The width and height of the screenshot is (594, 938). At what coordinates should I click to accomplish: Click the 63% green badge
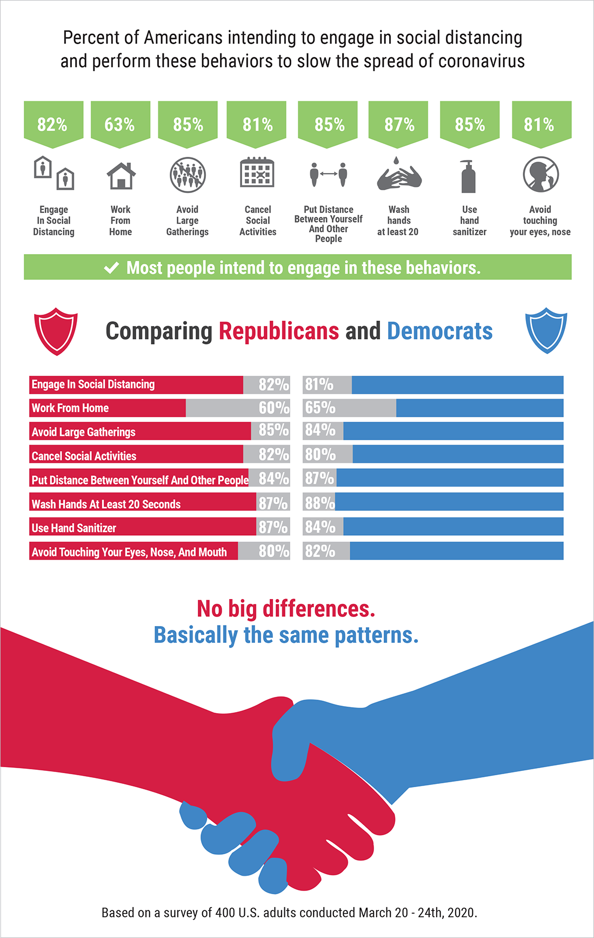tap(120, 124)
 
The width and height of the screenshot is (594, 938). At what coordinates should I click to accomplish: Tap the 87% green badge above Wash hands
tap(399, 124)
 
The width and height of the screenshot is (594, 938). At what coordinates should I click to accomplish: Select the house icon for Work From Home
tap(121, 176)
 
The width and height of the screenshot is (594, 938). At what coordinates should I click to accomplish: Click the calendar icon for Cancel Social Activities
tap(257, 172)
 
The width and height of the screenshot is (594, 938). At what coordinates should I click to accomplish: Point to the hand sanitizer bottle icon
tap(468, 176)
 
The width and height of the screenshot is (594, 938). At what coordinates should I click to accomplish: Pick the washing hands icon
tap(399, 175)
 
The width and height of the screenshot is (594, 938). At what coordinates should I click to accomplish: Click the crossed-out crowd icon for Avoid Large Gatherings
tap(188, 175)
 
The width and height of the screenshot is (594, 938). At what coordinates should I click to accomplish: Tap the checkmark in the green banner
tap(111, 268)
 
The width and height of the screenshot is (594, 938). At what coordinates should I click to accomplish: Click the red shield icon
tap(56, 331)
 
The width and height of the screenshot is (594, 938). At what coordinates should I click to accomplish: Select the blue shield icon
tap(546, 330)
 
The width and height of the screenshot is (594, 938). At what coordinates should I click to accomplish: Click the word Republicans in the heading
tap(279, 331)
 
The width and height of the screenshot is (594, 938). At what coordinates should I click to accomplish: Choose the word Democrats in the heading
tap(439, 331)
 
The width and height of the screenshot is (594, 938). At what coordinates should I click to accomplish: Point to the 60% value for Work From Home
tap(273, 408)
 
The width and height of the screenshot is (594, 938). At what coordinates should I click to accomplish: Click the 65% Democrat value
tap(320, 408)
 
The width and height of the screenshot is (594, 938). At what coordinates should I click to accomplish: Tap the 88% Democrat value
tap(319, 503)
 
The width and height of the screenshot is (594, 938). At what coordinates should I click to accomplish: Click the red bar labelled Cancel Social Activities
tap(136, 455)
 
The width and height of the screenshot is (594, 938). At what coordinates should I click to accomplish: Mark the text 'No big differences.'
tap(286, 609)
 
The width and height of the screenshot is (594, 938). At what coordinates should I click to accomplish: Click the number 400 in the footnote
tap(225, 913)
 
